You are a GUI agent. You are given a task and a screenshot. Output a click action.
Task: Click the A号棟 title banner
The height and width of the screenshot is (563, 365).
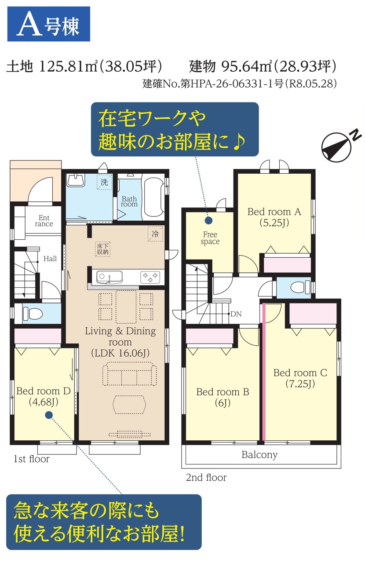coord(48,24)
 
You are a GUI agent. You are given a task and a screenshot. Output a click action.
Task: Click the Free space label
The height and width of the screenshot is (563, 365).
coord(210,238)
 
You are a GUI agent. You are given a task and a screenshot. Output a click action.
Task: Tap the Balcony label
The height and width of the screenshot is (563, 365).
coord(259,454)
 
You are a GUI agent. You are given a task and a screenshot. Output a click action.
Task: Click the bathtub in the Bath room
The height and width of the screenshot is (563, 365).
coord(153,197)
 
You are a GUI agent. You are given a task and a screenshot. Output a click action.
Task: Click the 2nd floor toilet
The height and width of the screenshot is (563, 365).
coord(300,287)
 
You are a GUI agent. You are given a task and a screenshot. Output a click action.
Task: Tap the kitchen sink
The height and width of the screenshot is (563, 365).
coord(109,277)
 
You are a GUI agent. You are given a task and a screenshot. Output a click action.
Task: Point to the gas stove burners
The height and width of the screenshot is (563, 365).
coord(150,277)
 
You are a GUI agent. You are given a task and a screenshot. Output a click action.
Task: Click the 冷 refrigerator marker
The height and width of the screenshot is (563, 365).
coord(155,234)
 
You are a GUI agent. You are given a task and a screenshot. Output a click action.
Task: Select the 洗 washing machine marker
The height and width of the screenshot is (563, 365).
coord(104,182)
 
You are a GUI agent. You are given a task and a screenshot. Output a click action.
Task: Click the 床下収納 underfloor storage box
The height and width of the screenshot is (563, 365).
coord(102,249)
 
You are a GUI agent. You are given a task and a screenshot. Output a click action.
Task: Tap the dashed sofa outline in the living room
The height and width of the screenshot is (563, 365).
coord(129,374)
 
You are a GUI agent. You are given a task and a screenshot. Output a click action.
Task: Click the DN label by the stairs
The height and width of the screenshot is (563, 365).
coord(236,314)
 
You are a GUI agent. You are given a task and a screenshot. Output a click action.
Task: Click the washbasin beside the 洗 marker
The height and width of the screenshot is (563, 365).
coord(75,180)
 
